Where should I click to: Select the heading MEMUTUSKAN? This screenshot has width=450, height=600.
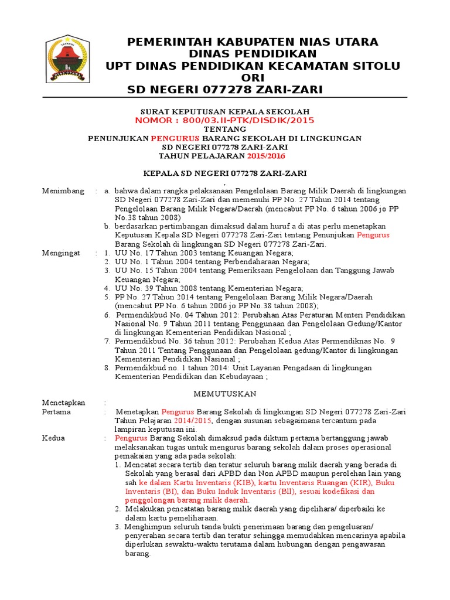pos(225,394)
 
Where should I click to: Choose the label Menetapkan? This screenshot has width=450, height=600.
pos(64,403)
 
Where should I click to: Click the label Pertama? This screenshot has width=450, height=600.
pos(56,412)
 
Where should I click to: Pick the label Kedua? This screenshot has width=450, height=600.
pos(54,438)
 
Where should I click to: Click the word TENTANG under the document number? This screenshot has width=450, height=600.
pos(225,129)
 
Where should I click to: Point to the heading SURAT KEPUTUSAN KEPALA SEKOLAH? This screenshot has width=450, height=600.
pos(225,111)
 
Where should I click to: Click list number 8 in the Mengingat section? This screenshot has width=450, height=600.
pos(107,367)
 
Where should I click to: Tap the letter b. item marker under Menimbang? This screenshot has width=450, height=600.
pos(108,226)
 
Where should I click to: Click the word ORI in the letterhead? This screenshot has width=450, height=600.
pos(253,78)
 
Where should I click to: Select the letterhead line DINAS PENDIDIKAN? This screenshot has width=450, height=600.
pos(253,54)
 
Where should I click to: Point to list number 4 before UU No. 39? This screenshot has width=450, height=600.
pos(107,288)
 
